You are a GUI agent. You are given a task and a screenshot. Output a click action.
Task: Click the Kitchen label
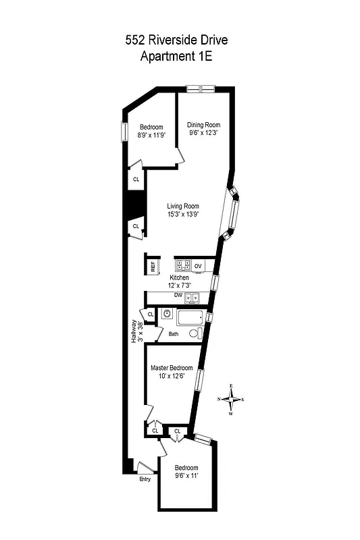(179, 278)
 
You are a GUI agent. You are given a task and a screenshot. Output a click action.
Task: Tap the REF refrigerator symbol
(153, 266)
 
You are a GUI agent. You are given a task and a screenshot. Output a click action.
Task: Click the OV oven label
(198, 267)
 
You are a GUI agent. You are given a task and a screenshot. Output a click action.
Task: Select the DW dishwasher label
(178, 296)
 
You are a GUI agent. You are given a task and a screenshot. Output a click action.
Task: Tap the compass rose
(231, 399)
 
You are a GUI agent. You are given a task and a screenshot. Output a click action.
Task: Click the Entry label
(145, 479)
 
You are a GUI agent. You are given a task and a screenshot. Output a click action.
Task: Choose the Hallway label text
(134, 331)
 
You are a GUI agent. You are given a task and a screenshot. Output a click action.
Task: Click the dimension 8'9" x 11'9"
(151, 136)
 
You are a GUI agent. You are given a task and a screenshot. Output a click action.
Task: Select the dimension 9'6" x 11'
(186, 476)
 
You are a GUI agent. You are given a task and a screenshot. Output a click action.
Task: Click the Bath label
(174, 334)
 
